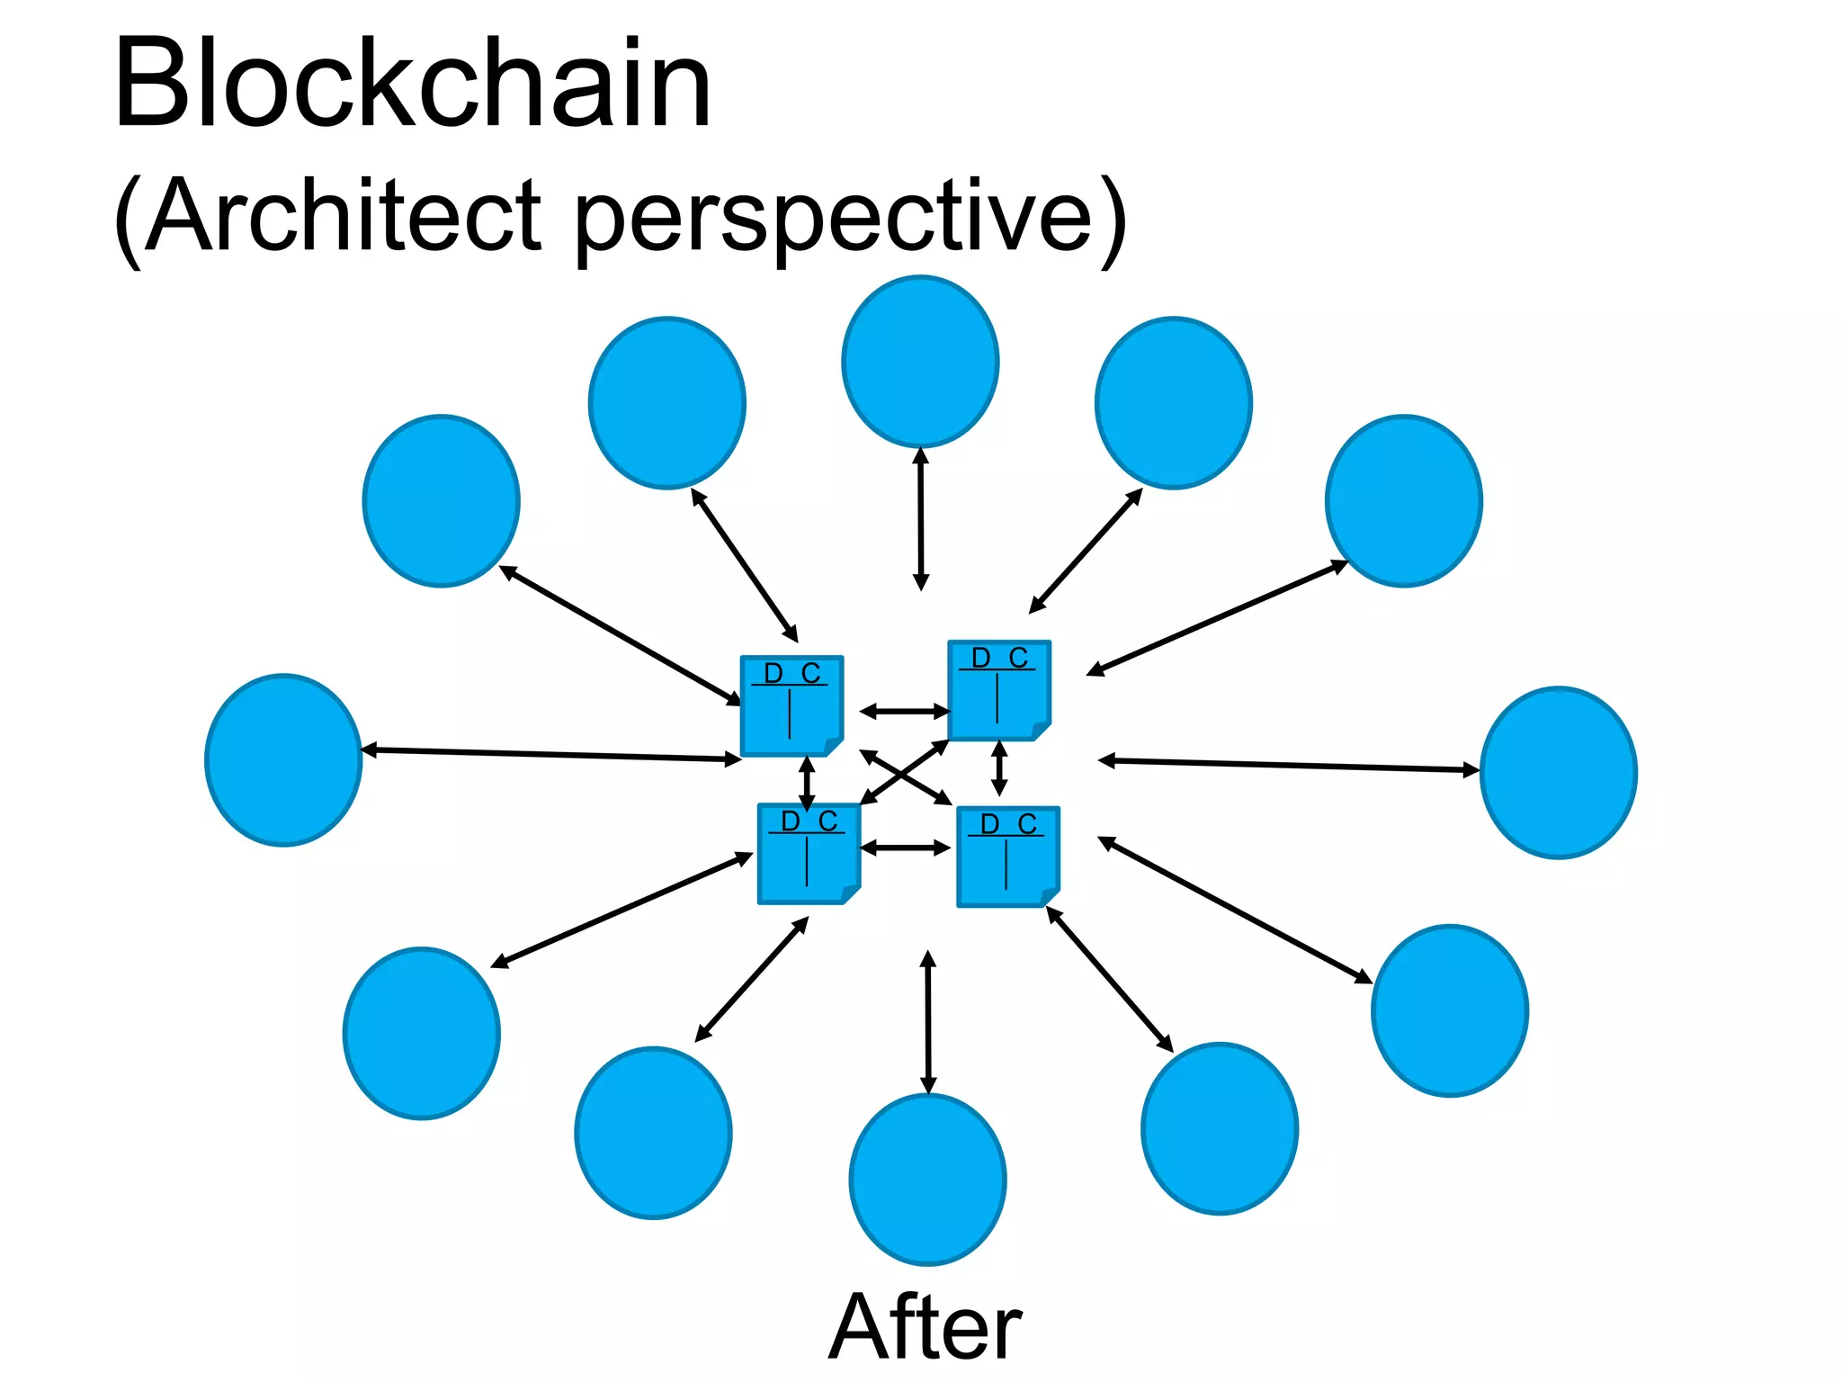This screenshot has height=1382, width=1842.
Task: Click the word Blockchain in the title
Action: tap(412, 85)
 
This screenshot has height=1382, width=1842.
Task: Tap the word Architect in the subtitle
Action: tap(342, 216)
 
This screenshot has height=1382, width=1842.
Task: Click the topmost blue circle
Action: tap(920, 361)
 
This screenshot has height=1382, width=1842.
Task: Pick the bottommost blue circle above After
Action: tap(927, 1180)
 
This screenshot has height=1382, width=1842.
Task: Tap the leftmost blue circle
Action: tap(283, 760)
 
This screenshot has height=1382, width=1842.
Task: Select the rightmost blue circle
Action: tap(1558, 773)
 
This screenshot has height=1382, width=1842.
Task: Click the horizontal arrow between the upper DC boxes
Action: tap(904, 712)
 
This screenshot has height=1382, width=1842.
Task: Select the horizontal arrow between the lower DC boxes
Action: tap(905, 848)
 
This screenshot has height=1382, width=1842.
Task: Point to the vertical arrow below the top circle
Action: tap(920, 519)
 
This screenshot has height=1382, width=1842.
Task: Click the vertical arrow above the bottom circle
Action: tap(928, 1022)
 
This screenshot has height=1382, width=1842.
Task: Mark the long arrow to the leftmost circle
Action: tap(550, 755)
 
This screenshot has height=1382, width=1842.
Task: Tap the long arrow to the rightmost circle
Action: tap(1288, 766)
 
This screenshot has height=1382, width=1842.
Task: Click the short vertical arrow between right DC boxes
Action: tap(998, 767)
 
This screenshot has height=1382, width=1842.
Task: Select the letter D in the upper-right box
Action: tap(980, 658)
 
